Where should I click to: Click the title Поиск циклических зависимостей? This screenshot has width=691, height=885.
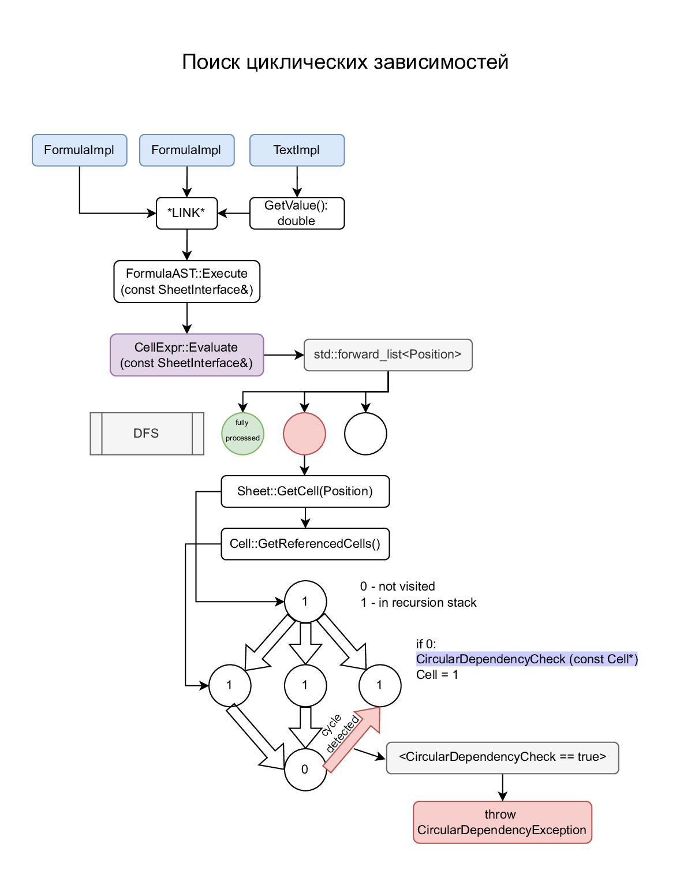(x=345, y=62)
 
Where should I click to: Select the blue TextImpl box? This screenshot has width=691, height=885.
(x=297, y=150)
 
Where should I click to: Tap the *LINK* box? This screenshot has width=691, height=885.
(x=186, y=213)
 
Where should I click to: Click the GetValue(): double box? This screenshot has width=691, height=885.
(x=297, y=213)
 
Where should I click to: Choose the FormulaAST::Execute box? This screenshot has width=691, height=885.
(x=186, y=281)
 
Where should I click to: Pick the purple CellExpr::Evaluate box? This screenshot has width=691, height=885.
(x=186, y=355)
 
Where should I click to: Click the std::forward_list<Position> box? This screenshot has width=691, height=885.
(x=387, y=354)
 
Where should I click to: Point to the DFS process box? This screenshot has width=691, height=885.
(x=147, y=434)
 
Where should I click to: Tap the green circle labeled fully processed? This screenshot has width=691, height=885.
(x=242, y=434)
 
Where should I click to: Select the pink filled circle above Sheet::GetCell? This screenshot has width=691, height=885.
(x=304, y=434)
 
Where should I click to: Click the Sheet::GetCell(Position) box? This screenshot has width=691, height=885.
(x=305, y=491)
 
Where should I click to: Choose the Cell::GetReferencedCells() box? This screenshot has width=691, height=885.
(x=305, y=544)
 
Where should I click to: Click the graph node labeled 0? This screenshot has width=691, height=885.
(x=305, y=770)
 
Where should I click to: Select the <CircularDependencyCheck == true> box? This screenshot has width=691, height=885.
(x=502, y=757)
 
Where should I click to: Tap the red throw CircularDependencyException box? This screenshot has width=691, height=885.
(x=502, y=822)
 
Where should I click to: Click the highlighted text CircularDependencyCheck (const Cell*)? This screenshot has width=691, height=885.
(x=526, y=659)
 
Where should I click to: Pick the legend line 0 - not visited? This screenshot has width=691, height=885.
(x=398, y=587)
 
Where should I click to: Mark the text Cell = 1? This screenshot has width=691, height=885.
(x=437, y=675)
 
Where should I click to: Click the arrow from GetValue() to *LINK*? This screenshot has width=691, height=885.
(x=234, y=213)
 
